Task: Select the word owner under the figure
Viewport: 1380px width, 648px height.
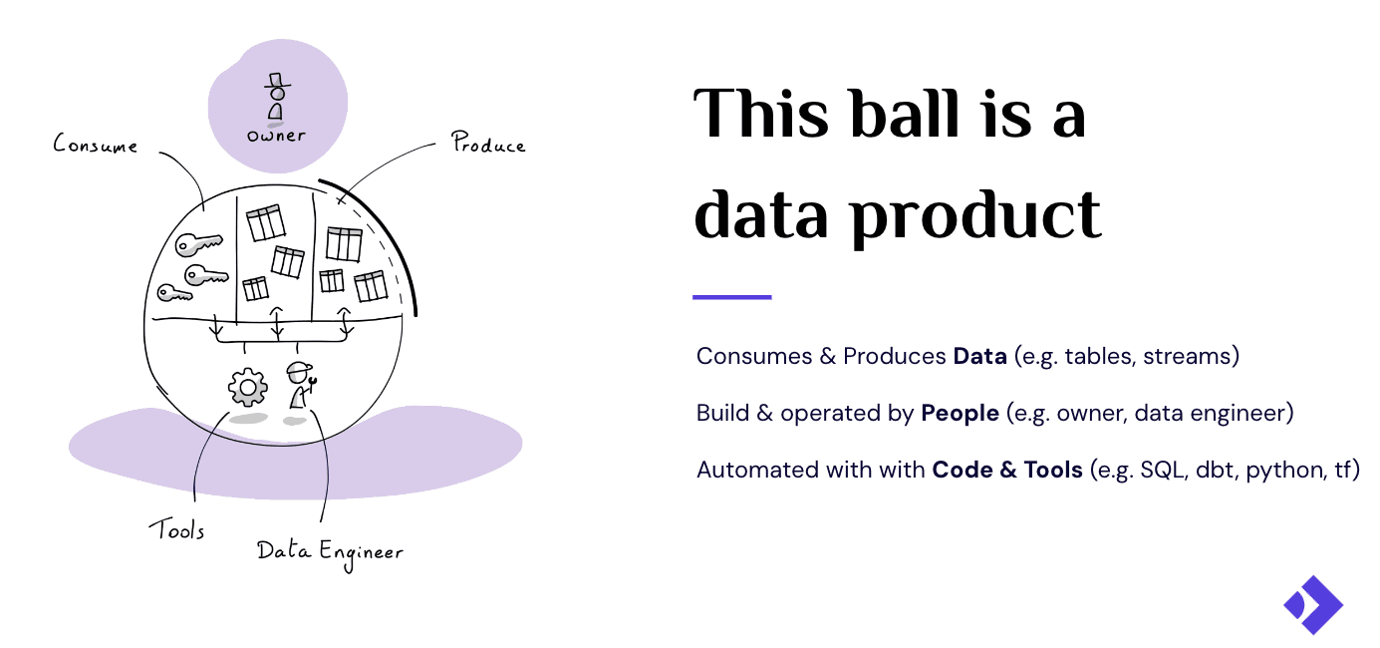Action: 276,135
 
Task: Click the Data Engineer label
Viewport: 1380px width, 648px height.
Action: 330,550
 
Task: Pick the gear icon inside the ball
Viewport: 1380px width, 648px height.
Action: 247,387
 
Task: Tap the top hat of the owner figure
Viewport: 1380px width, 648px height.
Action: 277,79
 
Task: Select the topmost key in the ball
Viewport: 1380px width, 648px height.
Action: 198,244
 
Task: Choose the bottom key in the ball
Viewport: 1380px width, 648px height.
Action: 174,293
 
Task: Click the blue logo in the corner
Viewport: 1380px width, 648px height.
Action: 1312,604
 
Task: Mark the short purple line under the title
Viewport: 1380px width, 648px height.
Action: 732,297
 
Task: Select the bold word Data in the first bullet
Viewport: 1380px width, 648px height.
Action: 979,356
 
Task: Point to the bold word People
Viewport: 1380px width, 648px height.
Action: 960,413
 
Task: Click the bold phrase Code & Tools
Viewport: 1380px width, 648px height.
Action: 1006,470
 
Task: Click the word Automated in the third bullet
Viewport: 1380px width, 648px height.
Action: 752,470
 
